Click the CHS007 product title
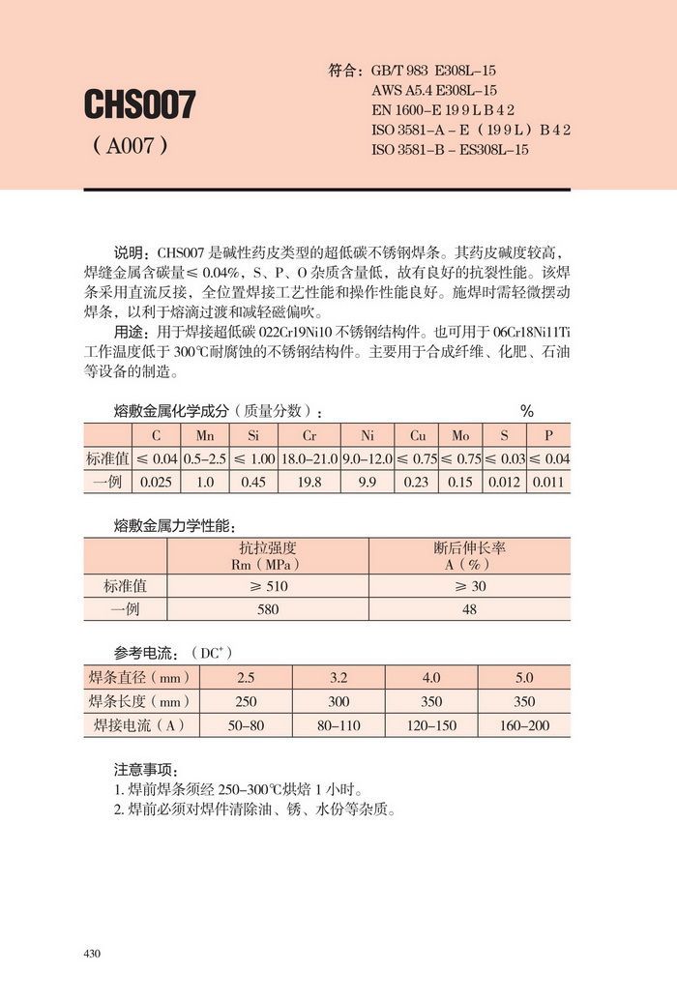tap(140, 104)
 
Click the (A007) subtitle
tap(131, 147)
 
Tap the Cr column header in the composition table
tap(309, 436)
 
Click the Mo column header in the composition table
tap(460, 436)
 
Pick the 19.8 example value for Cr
tap(309, 482)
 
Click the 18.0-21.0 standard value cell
tap(309, 459)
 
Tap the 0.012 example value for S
tap(504, 482)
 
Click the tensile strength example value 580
tap(268, 609)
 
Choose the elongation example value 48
tap(469, 609)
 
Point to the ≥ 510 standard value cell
tap(268, 586)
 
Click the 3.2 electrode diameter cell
tap(338, 678)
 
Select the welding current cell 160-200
tap(523, 724)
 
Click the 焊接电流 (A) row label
tap(138, 724)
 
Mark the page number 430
tap(93, 954)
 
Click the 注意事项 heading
tap(145, 770)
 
